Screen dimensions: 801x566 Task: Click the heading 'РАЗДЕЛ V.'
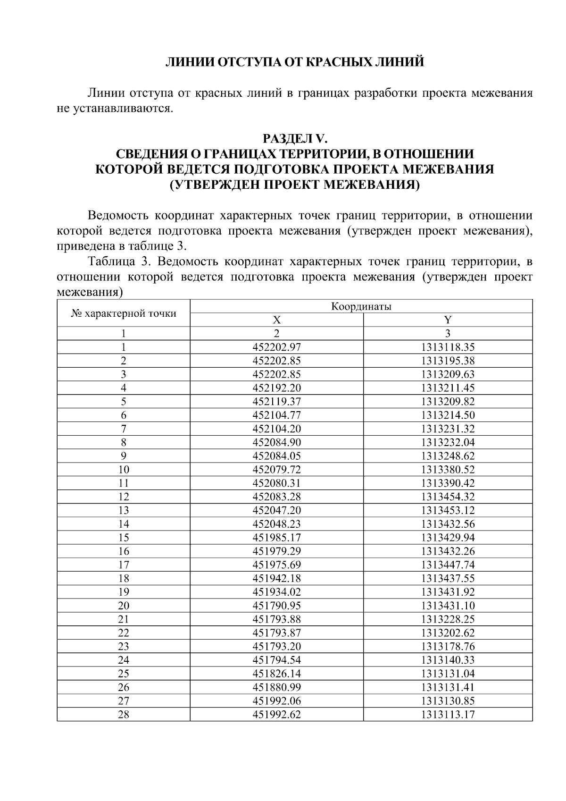(294, 139)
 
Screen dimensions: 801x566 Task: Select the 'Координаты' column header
(361, 307)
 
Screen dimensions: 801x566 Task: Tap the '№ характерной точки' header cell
(124, 313)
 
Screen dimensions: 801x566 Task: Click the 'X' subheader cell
(277, 320)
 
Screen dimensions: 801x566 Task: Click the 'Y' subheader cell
(448, 320)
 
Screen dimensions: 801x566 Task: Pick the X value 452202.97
(277, 347)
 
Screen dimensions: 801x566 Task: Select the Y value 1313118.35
(448, 347)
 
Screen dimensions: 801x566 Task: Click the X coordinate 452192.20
(277, 388)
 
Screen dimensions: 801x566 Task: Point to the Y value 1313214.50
(448, 415)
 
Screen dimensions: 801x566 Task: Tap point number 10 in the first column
(124, 470)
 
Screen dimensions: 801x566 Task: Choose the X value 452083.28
(277, 497)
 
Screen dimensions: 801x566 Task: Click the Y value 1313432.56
(448, 524)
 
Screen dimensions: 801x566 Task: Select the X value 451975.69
(277, 565)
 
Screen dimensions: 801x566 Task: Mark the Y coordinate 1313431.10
(448, 606)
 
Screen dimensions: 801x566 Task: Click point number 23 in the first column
(124, 647)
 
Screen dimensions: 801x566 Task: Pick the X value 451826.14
(277, 674)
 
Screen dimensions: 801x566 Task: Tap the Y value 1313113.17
(448, 715)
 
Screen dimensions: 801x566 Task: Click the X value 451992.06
(277, 701)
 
